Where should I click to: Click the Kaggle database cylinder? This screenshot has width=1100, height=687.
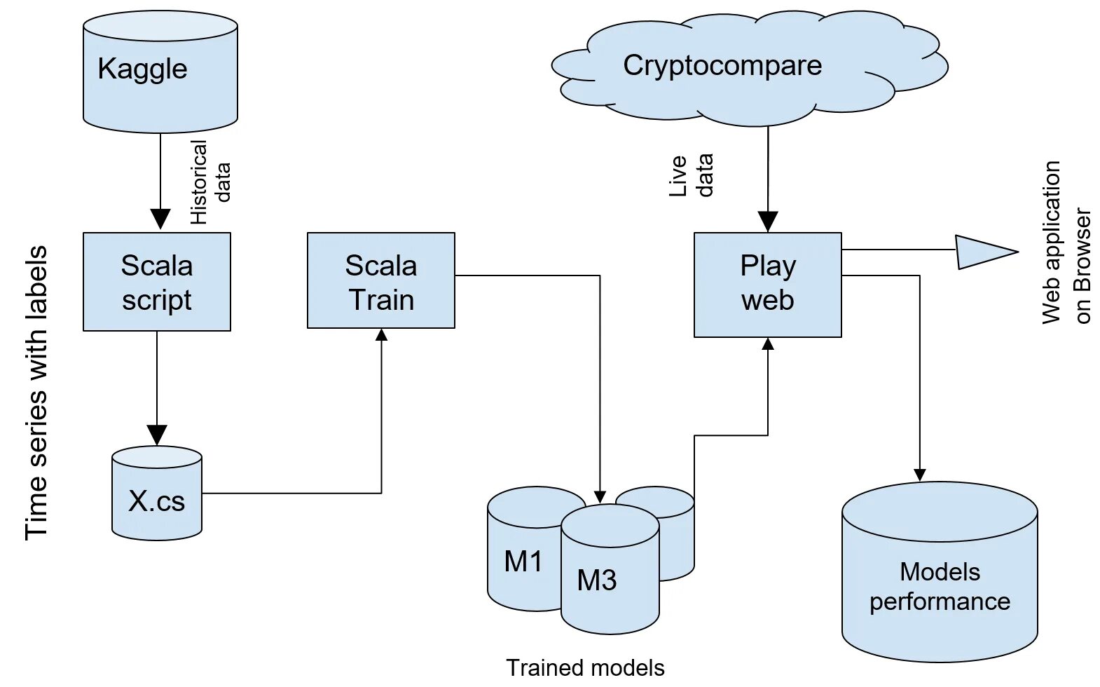[x=160, y=72]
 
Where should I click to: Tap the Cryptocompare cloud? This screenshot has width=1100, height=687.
[x=750, y=68]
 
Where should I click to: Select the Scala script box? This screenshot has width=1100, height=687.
[x=157, y=282]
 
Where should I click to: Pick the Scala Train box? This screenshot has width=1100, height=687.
[x=381, y=280]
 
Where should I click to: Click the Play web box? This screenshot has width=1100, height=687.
[x=767, y=285]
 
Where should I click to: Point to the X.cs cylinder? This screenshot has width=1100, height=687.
[x=157, y=494]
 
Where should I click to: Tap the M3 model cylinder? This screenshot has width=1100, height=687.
[x=610, y=569]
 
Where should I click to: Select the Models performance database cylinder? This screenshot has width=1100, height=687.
[x=940, y=571]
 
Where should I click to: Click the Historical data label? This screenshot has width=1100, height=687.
[x=210, y=182]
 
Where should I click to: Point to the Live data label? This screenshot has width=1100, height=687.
[x=691, y=175]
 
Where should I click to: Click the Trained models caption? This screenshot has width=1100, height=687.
[x=585, y=668]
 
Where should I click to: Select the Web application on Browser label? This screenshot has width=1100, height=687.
[x=1066, y=243]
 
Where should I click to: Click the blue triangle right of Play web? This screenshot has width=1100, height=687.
[x=986, y=252]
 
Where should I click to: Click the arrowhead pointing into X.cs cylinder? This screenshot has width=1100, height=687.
[x=157, y=435]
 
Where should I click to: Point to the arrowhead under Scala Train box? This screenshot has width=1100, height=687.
[x=381, y=334]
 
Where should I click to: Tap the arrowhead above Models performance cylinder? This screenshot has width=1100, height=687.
[x=919, y=475]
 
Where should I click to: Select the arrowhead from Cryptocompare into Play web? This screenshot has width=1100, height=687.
[x=767, y=222]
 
